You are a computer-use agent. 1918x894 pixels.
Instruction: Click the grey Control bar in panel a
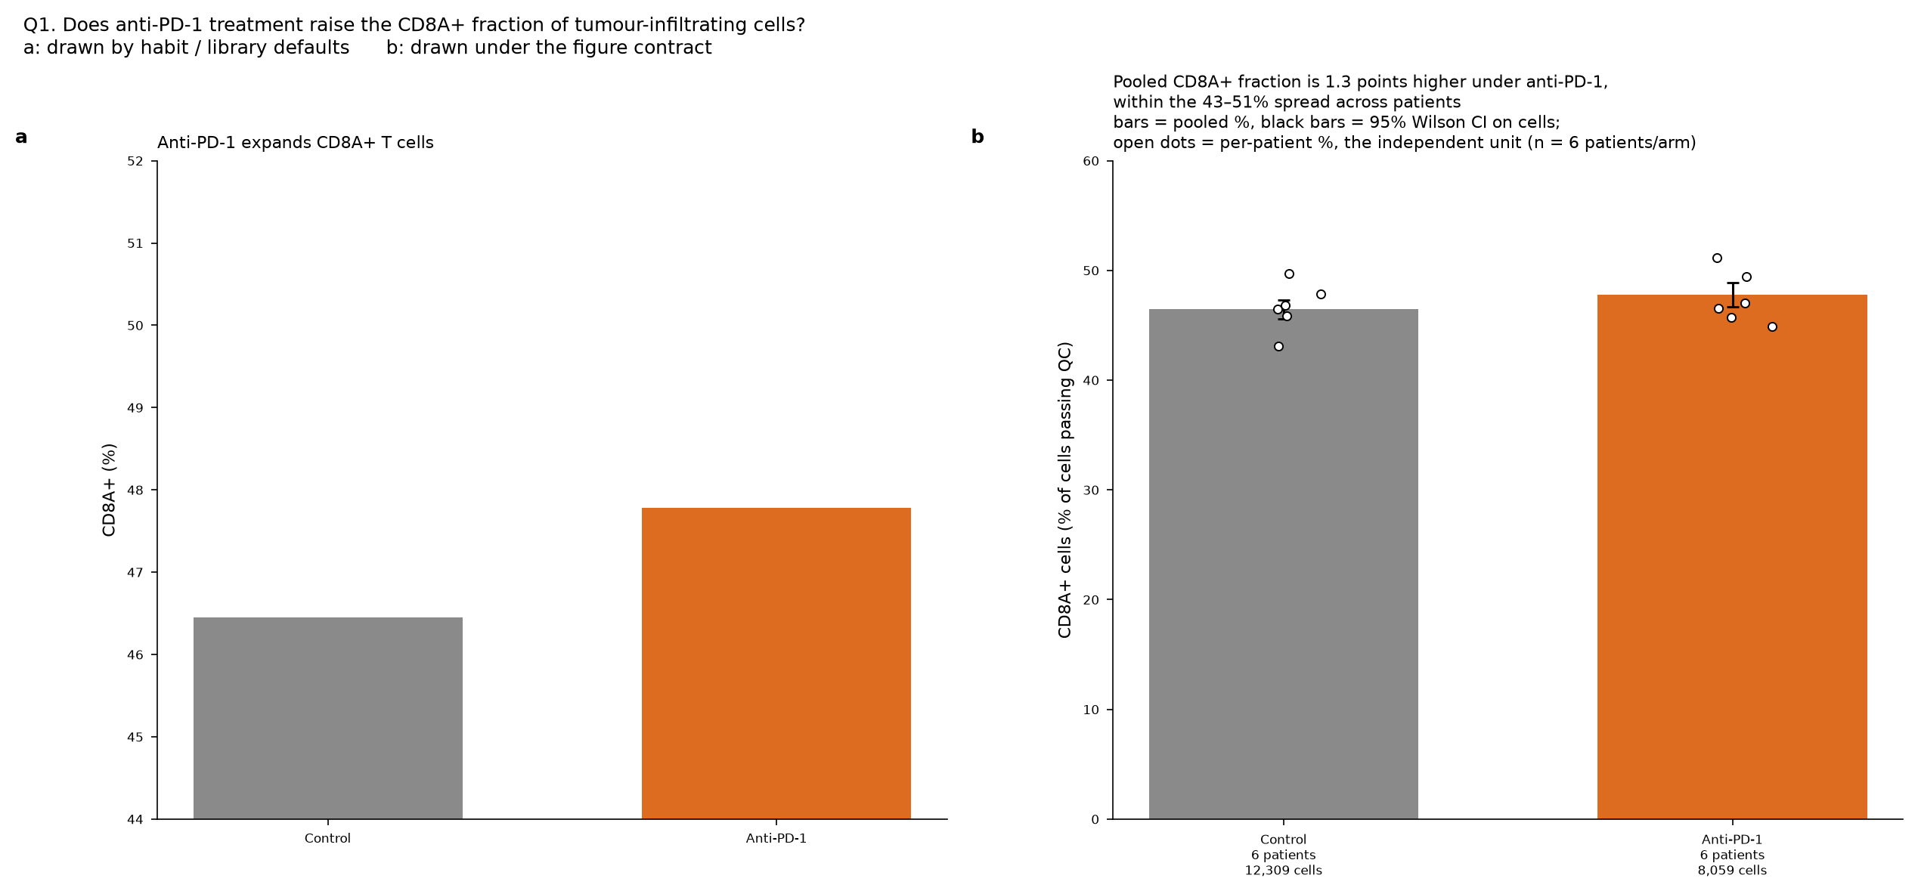[x=328, y=718]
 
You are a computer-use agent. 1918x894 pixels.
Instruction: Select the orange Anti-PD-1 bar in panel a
[x=776, y=664]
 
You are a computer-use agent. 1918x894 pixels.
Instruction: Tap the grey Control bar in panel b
[x=1284, y=564]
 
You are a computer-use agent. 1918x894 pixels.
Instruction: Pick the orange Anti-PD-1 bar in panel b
[x=1732, y=557]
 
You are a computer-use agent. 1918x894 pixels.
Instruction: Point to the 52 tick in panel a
[x=154, y=161]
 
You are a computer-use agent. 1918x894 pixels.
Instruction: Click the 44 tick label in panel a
[x=135, y=820]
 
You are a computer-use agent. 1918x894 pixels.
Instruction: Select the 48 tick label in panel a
[x=135, y=490]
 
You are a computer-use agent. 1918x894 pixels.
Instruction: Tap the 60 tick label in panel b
[x=1091, y=161]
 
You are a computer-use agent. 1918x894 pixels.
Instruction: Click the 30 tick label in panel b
[x=1091, y=490]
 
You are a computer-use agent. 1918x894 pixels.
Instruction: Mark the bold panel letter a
[x=21, y=138]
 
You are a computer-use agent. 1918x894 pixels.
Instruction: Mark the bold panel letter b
[x=978, y=137]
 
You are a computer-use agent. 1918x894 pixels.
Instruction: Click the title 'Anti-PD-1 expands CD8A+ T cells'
[x=296, y=143]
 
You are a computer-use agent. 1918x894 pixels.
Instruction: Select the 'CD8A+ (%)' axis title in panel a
[x=109, y=490]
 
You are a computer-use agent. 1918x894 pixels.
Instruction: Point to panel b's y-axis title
[x=1064, y=490]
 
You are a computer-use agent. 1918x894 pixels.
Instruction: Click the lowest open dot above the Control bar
[x=1278, y=347]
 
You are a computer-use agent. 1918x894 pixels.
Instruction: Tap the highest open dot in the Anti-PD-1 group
[x=1717, y=258]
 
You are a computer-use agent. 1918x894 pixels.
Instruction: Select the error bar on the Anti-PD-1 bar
[x=1733, y=295]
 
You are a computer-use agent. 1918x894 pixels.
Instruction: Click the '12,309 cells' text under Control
[x=1284, y=871]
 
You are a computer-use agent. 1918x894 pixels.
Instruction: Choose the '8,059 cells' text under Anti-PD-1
[x=1732, y=871]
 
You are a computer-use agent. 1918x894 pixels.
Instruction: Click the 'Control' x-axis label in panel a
[x=327, y=839]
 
